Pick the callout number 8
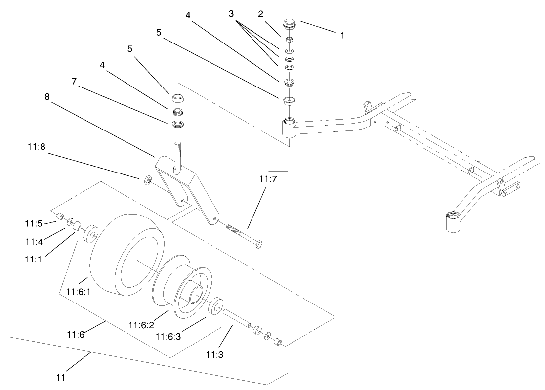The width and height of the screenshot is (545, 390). point(47,97)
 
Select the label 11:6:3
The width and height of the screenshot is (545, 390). point(168,336)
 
